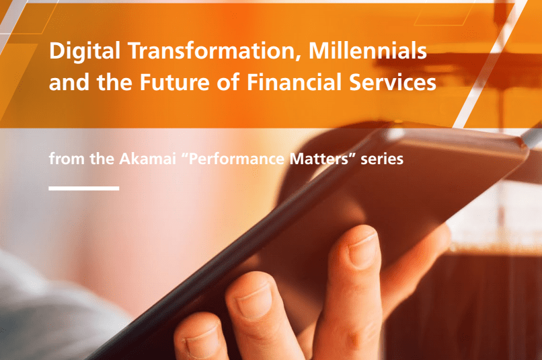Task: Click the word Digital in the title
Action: (85, 52)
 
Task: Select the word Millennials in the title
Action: (368, 50)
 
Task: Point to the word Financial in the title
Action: (294, 82)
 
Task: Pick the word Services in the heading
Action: (392, 82)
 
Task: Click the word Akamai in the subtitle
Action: (147, 159)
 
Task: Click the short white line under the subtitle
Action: (84, 188)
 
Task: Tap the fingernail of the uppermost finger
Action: (362, 250)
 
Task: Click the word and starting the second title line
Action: (69, 82)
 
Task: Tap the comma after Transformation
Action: (298, 59)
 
